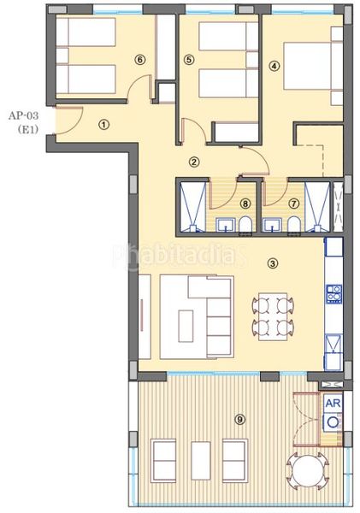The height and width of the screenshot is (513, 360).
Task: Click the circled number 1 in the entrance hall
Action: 103,125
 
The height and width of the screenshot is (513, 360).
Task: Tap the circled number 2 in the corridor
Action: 194,162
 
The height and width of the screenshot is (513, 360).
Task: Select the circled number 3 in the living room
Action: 273,262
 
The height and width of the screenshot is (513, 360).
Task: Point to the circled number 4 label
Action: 274,66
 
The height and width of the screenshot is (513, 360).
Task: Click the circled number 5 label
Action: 189,60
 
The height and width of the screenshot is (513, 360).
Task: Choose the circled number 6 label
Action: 139,60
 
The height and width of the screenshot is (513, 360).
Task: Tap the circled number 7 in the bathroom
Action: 294,203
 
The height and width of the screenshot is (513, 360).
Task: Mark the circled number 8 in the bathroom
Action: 245,203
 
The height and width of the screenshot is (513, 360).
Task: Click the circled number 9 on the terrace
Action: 240,419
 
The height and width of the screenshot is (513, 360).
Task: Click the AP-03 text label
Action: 23,115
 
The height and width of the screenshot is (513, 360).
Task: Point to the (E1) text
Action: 28,130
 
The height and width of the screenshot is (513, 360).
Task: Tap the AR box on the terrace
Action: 333,403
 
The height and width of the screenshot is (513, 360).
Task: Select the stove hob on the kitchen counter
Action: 333,293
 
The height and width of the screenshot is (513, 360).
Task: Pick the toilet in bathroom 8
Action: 245,224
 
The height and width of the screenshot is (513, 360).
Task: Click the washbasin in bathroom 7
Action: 273,225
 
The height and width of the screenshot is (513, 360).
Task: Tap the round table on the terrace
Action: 307,471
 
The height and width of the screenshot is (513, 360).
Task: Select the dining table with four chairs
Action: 273,316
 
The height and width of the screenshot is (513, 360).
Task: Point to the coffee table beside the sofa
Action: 186,326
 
